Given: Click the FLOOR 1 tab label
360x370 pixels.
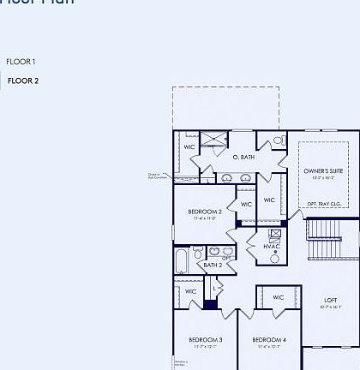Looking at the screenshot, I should [x=21, y=62].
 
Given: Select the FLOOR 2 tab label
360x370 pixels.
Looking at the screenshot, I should [x=23, y=81].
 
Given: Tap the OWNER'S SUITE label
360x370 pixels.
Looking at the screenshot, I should [x=322, y=171].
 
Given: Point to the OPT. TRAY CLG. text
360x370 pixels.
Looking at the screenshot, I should [x=324, y=204].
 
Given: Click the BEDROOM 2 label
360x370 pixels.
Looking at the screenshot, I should [x=205, y=212].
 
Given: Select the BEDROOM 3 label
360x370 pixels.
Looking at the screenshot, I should [x=206, y=340].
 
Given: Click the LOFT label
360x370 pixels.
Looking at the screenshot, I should [x=331, y=300].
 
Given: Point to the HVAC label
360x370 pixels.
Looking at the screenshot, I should [x=272, y=247].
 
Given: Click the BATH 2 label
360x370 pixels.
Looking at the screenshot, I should [x=213, y=266].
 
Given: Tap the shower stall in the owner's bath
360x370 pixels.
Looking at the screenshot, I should [x=213, y=140].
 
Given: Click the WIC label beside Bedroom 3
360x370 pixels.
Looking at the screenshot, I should [x=191, y=291].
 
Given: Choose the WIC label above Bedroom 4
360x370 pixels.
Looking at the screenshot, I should [x=279, y=297].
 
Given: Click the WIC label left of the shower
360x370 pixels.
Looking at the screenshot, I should [x=189, y=146].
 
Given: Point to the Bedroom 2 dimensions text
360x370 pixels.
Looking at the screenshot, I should [x=205, y=219].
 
